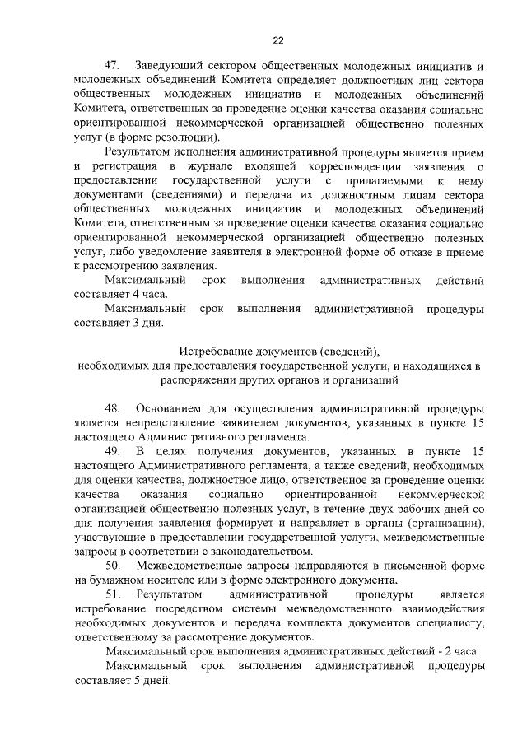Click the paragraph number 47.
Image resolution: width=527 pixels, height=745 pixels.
tap(113, 65)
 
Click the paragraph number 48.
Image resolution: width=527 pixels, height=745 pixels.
tap(113, 408)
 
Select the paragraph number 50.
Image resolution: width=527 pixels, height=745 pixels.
tap(113, 564)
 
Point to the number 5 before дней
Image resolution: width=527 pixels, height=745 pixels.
tap(138, 681)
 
